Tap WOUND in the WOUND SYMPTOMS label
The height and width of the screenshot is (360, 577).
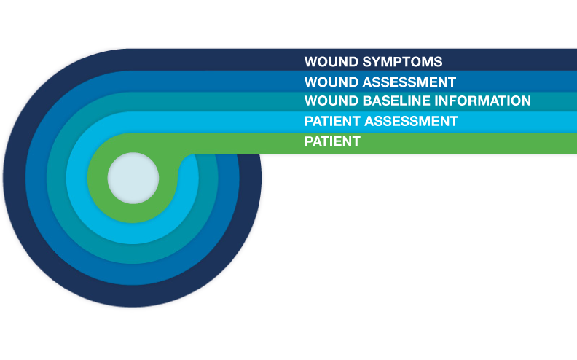329,62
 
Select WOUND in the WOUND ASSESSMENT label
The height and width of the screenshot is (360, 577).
329,82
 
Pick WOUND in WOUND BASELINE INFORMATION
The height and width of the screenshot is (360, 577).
329,101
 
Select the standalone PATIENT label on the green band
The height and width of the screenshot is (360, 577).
332,141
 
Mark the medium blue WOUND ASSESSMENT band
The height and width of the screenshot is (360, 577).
510,81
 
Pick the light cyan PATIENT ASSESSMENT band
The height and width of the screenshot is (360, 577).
510,121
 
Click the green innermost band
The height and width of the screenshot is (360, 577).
474,144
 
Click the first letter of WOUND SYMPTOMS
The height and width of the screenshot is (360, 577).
310,62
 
